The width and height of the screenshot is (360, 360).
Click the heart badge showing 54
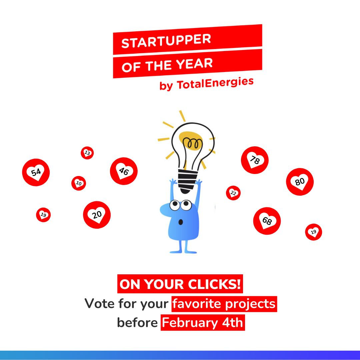coord(36,172)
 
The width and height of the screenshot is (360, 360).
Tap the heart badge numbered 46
coord(124,171)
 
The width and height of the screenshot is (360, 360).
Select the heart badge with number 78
coord(255,160)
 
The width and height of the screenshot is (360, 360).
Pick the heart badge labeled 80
coord(300,182)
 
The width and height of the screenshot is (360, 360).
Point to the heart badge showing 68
coord(267,221)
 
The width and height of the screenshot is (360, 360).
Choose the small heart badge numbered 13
coord(87,153)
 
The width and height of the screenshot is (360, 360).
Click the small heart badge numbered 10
coord(79,183)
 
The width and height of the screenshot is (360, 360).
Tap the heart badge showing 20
coord(97,215)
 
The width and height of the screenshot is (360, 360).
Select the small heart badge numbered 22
coord(233,193)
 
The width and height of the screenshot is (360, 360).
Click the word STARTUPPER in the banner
coord(166,41)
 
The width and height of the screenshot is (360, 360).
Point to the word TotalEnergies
coord(215,83)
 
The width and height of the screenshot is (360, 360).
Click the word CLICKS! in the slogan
coord(214,284)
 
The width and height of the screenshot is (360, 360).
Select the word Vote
coord(99,304)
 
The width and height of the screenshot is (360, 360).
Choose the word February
coord(190,323)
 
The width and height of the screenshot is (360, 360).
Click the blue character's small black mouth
coord(181,222)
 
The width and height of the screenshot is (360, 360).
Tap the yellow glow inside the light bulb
coord(191,141)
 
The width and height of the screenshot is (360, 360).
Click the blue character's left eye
coord(175,205)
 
